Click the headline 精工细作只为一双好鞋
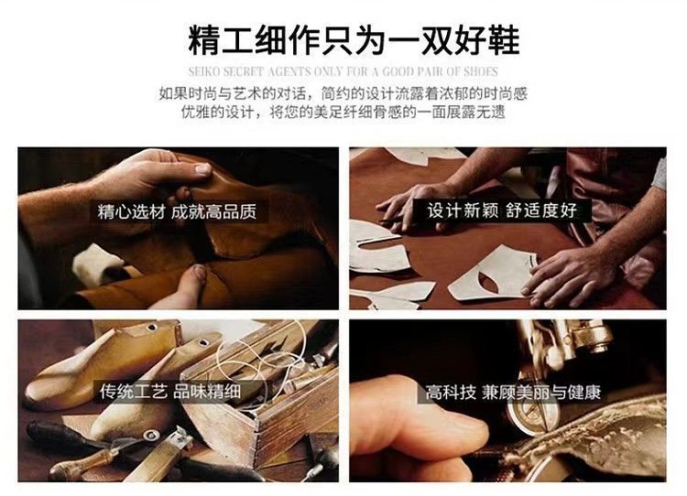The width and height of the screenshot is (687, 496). click(x=354, y=40)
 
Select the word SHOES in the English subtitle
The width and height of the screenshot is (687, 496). click(x=481, y=71)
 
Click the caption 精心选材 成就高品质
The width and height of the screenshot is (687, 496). click(x=177, y=211)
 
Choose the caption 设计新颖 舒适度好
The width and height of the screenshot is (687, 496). click(x=502, y=210)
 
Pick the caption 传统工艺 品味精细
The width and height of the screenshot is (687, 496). click(x=170, y=391)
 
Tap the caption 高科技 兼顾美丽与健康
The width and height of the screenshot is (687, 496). click(x=513, y=393)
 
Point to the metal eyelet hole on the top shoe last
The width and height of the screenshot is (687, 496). click(x=152, y=327)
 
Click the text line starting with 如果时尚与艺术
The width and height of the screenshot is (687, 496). click(x=343, y=93)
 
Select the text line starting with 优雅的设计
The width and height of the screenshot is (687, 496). click(x=343, y=113)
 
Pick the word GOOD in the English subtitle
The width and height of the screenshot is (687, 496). click(x=398, y=71)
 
